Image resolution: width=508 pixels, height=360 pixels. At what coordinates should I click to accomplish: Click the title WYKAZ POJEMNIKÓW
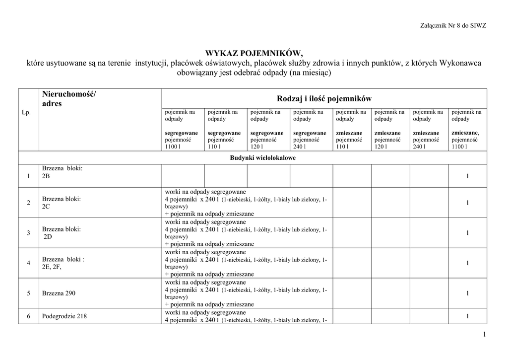click(254, 54)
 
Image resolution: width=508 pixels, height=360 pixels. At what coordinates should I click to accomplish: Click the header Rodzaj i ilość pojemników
click(324, 98)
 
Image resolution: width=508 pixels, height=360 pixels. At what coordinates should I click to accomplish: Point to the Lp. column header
click(27, 113)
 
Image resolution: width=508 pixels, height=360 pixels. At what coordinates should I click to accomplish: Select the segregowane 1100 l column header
click(182, 130)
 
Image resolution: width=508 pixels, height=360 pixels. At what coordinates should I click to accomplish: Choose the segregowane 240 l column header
click(310, 130)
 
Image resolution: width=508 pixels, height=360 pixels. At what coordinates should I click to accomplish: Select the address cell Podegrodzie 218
click(64, 316)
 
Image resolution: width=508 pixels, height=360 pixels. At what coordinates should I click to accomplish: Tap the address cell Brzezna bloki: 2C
click(61, 203)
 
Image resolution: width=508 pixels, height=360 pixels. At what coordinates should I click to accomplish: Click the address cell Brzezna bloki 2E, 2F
click(63, 263)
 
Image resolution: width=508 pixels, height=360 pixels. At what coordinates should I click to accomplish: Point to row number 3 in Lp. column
click(28, 233)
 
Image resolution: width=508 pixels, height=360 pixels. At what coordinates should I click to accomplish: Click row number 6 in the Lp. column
click(28, 316)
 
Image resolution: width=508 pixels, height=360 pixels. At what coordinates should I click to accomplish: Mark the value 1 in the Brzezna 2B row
click(467, 176)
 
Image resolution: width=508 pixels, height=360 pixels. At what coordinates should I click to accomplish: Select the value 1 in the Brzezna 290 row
click(467, 293)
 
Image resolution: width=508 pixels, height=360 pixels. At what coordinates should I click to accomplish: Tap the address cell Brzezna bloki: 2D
click(61, 233)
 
